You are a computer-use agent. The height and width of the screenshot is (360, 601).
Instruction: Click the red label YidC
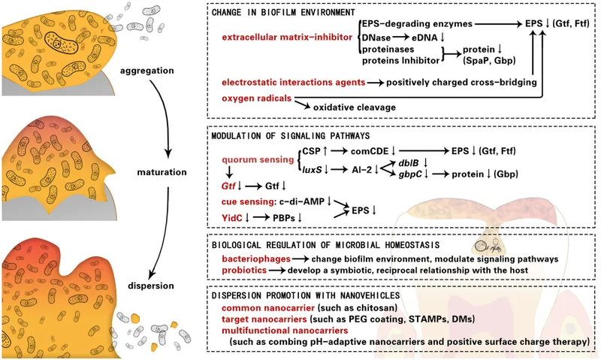click(x=231, y=218)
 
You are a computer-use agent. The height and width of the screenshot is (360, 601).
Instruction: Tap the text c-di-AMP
click(x=306, y=201)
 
